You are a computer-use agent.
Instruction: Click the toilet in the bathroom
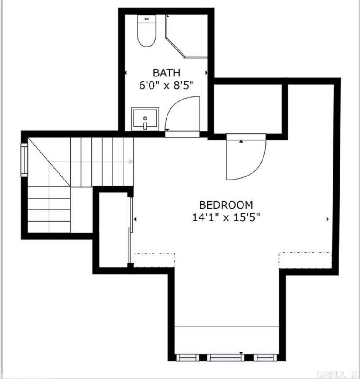(x=147, y=31)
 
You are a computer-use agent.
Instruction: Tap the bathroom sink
(x=145, y=119)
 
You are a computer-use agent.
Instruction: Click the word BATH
(x=166, y=73)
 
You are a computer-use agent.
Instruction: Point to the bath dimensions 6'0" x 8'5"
(x=166, y=86)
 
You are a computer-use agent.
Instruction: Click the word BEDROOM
(x=226, y=205)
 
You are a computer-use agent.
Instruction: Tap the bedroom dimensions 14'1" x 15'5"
(x=226, y=217)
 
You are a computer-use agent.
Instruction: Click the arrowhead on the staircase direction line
(x=131, y=162)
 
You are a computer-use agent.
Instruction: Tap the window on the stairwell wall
(x=24, y=160)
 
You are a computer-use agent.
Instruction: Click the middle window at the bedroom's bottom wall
(x=225, y=357)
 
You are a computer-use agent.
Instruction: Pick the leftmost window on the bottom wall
(x=187, y=357)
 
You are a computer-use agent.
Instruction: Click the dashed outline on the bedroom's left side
(x=154, y=259)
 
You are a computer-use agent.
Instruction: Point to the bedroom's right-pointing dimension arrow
(x=327, y=219)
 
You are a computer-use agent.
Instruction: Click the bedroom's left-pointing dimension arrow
(x=136, y=219)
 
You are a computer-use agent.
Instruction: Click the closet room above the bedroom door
(x=248, y=109)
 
